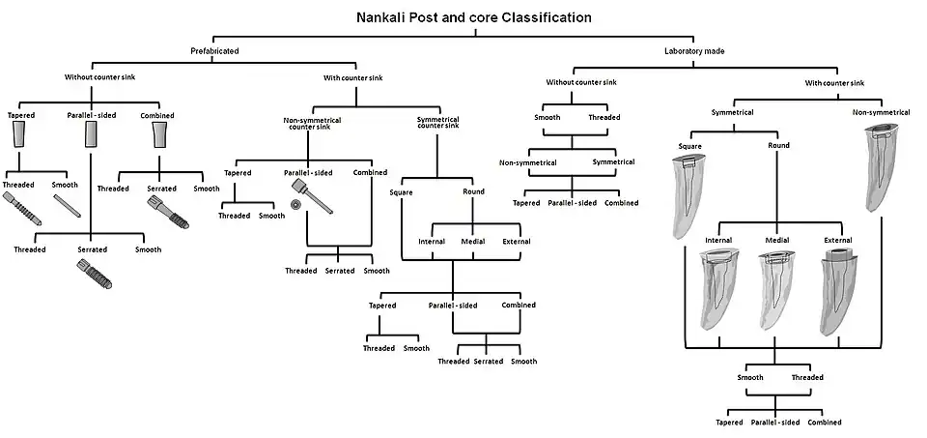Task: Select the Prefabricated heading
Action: click(213, 49)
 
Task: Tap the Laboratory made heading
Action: click(694, 49)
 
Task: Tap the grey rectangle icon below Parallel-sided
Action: click(91, 139)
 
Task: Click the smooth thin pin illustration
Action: click(67, 206)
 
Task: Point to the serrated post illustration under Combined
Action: click(166, 211)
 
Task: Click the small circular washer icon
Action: click(295, 205)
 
